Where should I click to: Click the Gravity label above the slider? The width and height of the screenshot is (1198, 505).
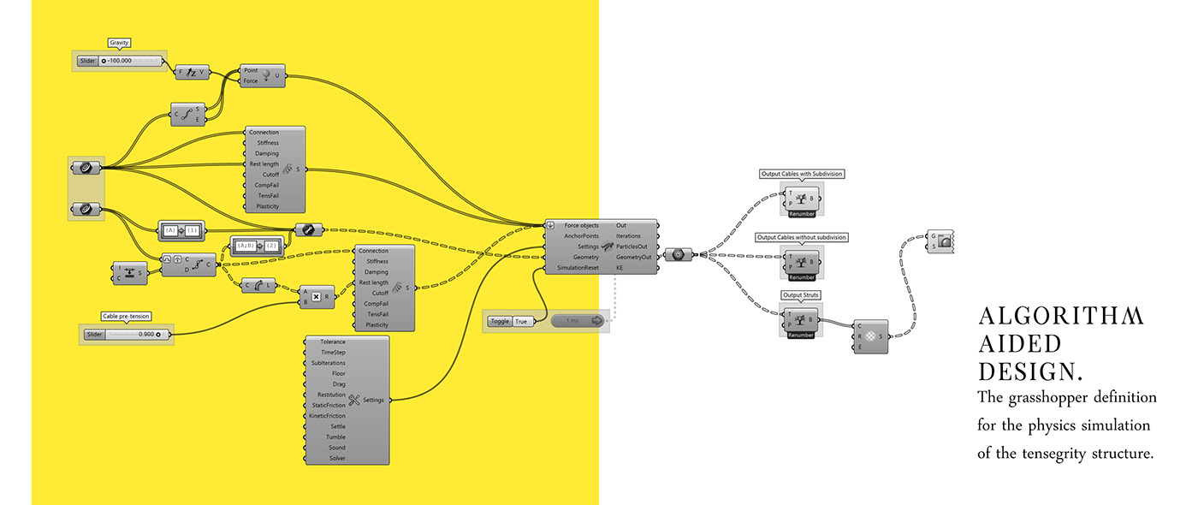tap(119, 42)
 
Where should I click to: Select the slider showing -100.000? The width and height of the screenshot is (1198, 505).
tap(120, 61)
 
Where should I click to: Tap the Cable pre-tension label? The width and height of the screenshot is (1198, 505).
tap(126, 316)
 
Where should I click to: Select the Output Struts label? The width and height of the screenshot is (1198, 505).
tap(801, 295)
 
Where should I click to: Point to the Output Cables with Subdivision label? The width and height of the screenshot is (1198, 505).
tap(801, 174)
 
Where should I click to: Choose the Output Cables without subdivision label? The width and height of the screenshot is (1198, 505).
tap(801, 237)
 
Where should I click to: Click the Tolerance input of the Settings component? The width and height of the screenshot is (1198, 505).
tap(333, 342)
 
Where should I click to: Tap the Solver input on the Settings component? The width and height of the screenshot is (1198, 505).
tap(337, 458)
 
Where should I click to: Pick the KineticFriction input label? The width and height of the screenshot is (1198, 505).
tap(329, 416)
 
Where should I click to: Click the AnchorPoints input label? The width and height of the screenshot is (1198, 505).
tap(581, 235)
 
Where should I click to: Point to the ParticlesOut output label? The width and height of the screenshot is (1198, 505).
tap(632, 247)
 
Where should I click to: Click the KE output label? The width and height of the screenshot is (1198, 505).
tap(620, 268)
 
